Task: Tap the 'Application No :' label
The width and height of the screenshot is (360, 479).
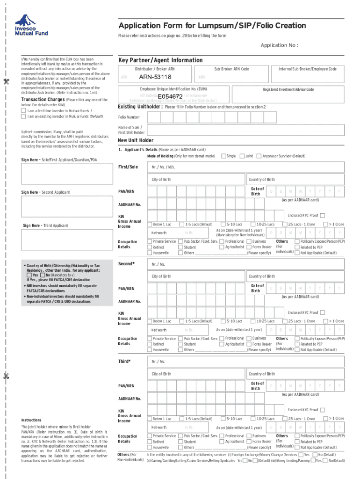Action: pos(279,45)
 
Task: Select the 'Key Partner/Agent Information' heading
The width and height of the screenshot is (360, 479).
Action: pos(160,60)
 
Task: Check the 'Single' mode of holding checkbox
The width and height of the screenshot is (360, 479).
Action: pos(223,156)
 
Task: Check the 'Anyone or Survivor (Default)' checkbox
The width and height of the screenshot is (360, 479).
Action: pos(259,156)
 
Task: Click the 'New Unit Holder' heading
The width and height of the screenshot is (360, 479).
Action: pos(135,140)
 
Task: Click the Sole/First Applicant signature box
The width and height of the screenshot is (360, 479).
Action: pos(65,175)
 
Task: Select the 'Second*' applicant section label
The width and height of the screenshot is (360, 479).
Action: pos(126,264)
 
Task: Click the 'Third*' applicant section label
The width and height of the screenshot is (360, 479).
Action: pos(124,361)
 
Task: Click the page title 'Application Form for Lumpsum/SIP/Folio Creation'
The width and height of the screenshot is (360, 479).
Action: pos(212,25)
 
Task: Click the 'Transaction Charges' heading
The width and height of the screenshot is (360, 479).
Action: pos(43,100)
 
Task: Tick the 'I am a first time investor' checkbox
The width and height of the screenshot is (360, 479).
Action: pos(24,111)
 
